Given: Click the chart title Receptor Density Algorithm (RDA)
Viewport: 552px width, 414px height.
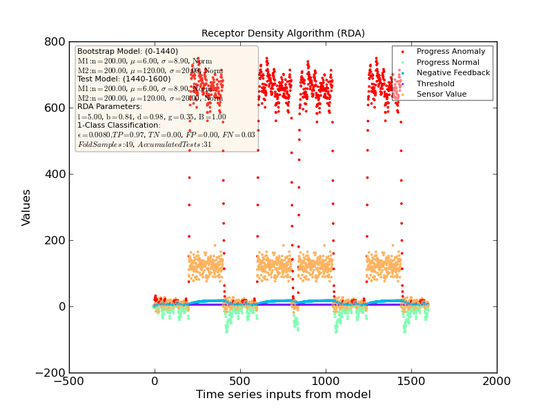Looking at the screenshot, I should coord(283,33).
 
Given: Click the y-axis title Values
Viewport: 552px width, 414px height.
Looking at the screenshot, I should coord(26,207).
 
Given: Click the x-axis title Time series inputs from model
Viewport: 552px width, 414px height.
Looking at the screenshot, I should coord(283,395).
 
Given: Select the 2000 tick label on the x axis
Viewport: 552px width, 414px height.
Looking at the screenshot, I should coord(497,382).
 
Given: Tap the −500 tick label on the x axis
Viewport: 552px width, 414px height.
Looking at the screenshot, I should coord(69,382).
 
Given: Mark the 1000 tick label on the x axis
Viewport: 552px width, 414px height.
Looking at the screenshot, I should coord(326,382).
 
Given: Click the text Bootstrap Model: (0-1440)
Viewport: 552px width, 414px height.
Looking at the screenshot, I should coord(128,51).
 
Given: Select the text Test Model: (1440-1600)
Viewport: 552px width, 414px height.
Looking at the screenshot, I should coord(124,79).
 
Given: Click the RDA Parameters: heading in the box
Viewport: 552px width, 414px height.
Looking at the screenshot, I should coord(110,106).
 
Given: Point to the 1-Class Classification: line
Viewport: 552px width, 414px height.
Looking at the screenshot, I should coord(119,125).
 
